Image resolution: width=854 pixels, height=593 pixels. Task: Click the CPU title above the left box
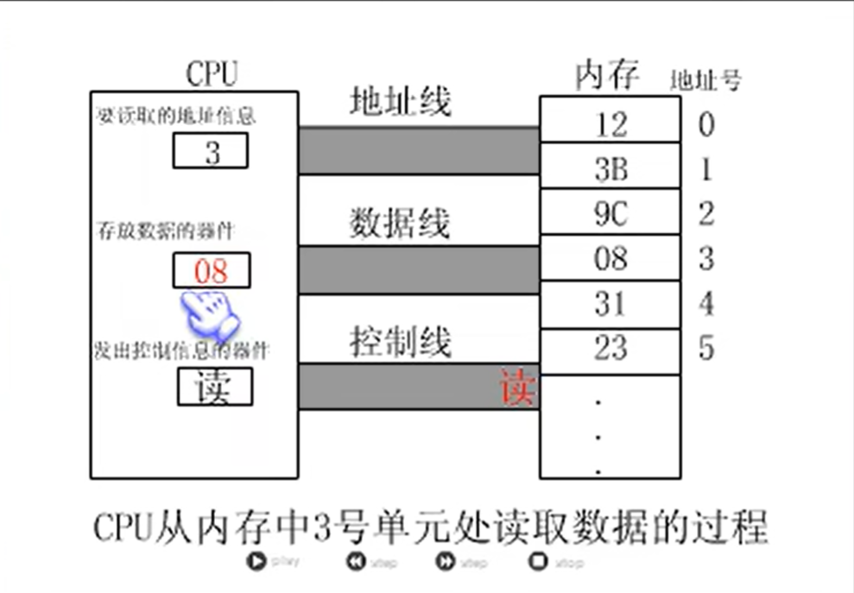[x=212, y=74]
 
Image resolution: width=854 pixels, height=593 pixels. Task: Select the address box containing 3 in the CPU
[x=212, y=152]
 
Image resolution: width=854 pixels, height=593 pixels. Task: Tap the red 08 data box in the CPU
[x=212, y=271]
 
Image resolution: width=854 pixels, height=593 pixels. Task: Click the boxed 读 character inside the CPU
[x=214, y=388]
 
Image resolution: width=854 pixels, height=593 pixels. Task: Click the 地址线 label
[x=400, y=103]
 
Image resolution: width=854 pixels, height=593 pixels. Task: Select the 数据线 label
[x=400, y=224]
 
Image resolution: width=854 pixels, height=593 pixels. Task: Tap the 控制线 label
[x=400, y=343]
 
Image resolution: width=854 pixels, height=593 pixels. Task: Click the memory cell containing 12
[x=610, y=124]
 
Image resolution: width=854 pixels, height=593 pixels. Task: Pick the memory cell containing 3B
[x=610, y=168]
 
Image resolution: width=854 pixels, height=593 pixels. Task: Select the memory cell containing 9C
[x=610, y=213]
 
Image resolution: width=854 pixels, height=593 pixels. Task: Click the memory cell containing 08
[x=610, y=258]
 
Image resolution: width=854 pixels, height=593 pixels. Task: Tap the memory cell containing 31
[x=610, y=304]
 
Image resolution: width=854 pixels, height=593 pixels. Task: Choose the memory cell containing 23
[x=610, y=349]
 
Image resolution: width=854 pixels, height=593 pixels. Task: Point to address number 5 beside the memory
[x=706, y=349]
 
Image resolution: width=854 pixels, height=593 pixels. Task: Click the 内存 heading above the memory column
[x=606, y=76]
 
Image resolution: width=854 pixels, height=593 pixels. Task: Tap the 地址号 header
[x=705, y=81]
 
